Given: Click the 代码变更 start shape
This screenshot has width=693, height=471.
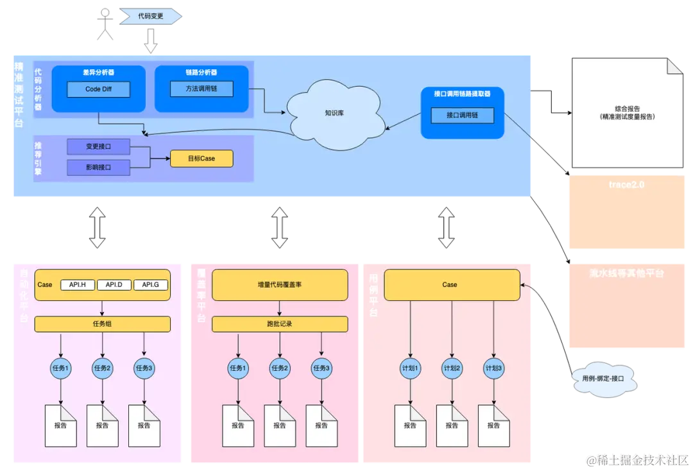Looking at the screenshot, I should (x=150, y=16).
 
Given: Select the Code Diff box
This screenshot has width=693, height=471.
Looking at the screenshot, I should (x=98, y=89).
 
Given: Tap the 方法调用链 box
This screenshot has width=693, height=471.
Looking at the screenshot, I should (x=201, y=89).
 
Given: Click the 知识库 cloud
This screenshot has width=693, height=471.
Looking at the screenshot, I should (x=334, y=114).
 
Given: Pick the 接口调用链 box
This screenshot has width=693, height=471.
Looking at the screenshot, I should (x=462, y=116).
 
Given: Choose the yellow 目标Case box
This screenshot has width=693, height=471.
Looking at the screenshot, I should (x=201, y=158).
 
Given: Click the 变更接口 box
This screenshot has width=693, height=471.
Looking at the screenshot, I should (x=98, y=146).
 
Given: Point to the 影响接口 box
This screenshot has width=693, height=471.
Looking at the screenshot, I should (x=98, y=167).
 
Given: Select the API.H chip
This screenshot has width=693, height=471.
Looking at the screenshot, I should (x=78, y=284).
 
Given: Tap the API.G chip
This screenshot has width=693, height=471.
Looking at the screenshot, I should (x=151, y=284).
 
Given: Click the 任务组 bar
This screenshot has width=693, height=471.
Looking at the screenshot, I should (x=103, y=324).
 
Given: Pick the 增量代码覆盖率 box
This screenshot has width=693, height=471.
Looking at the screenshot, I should (x=280, y=284).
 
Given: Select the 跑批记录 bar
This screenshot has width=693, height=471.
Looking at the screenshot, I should (x=280, y=324).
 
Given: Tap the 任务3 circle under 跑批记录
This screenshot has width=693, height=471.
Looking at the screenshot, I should (x=321, y=368).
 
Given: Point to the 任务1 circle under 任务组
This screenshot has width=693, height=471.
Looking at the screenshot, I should (x=61, y=368).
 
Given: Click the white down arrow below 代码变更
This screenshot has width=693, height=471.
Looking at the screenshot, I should (x=151, y=42).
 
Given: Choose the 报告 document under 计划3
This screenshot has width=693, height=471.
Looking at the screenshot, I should (x=493, y=425).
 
